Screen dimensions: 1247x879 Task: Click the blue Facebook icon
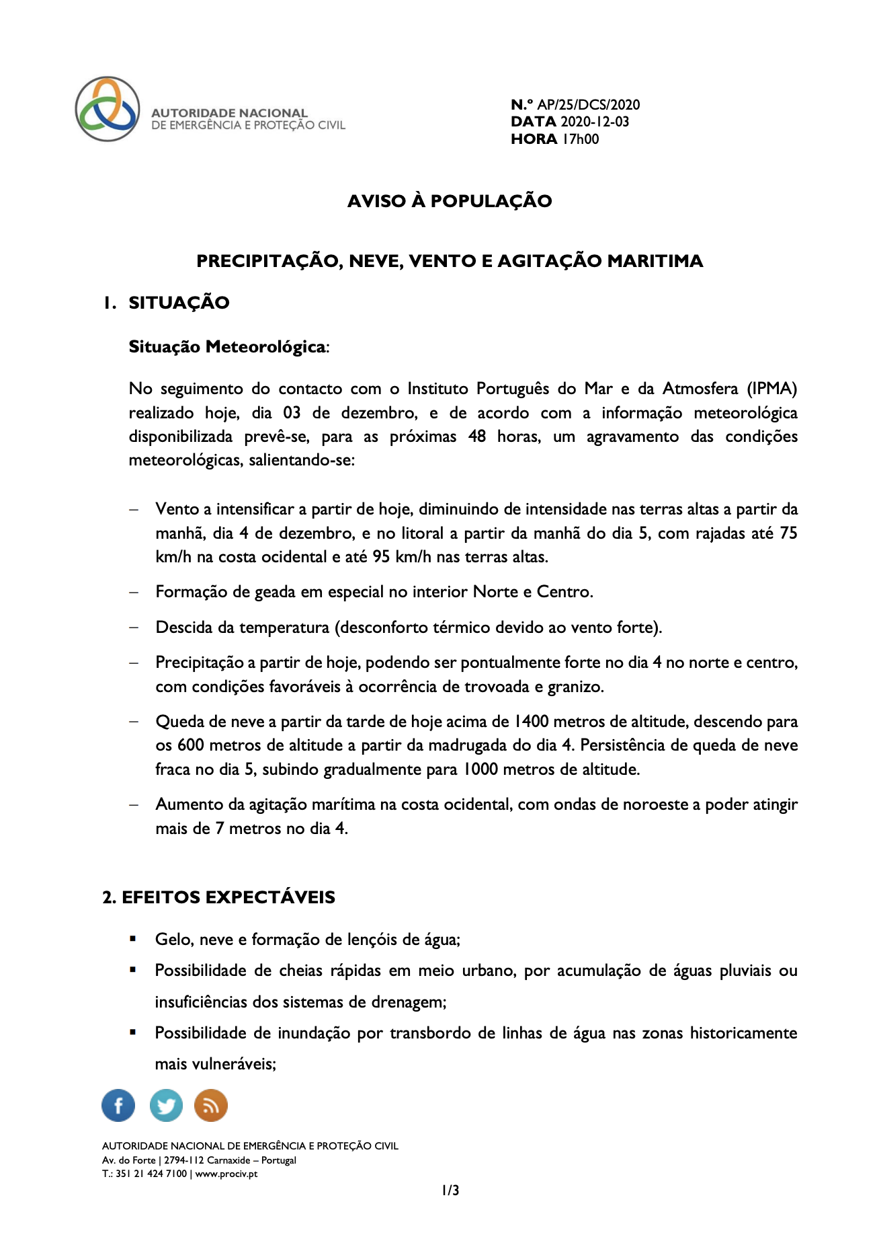point(118,1105)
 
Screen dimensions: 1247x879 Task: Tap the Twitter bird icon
point(166,1105)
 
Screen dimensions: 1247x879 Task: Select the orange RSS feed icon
point(211,1105)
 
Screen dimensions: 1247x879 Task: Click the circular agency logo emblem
point(108,109)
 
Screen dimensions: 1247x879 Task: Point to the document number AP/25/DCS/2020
point(588,104)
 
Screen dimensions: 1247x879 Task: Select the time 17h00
point(581,139)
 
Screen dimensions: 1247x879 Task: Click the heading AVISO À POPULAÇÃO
point(450,201)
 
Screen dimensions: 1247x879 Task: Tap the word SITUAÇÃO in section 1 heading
point(179,303)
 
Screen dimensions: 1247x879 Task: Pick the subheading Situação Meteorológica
point(227,346)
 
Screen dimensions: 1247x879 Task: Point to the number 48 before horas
point(477,437)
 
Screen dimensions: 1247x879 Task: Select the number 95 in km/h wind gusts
point(382,557)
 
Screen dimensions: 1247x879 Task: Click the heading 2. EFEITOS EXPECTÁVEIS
point(218,897)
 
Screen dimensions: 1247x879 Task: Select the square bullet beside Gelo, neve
point(133,938)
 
